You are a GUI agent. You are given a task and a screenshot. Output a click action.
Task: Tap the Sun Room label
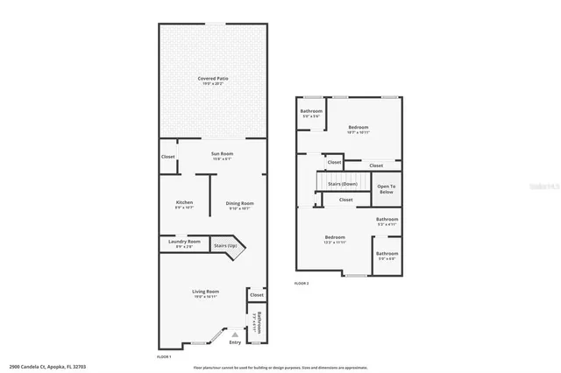coord(221,155)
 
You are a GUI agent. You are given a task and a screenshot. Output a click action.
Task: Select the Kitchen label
coord(184,203)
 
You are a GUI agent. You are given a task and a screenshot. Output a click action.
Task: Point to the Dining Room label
coord(240,203)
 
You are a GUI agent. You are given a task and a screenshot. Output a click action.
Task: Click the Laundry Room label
coord(184,242)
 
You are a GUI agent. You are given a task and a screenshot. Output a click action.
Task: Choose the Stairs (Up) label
coord(226,246)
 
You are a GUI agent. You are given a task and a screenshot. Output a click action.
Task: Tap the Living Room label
coord(206,292)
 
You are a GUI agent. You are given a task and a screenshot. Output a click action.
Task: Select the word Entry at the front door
coord(235,342)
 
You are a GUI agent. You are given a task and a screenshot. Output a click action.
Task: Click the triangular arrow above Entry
coord(234,334)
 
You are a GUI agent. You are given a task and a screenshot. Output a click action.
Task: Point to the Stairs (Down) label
coord(342,185)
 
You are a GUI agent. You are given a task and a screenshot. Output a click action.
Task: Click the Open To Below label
coord(387,188)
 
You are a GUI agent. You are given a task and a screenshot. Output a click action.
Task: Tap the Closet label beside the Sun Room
coord(168,157)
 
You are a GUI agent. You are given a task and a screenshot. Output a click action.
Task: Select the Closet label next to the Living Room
coord(256,294)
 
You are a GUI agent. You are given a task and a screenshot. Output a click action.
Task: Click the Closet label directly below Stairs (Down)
coord(345,200)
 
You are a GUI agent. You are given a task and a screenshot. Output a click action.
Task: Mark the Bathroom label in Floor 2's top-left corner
coord(311,111)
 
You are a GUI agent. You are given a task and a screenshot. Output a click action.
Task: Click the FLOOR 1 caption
coord(164,357)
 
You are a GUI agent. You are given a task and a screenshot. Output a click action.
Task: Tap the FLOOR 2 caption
coord(302,284)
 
